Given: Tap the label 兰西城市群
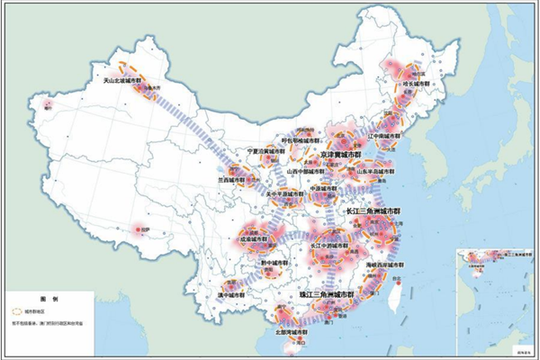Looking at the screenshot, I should pos(231,179).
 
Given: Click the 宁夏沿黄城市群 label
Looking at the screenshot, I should pos(267,151).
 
